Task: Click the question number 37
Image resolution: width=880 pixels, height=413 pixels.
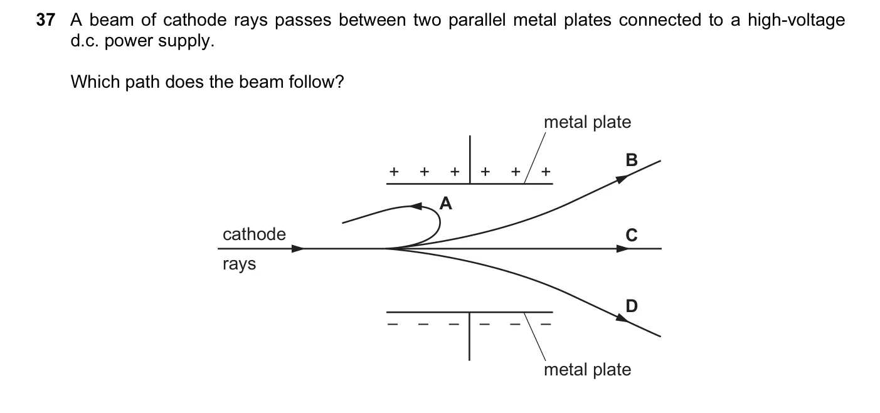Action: (46, 20)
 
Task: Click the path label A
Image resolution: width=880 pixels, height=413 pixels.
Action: (445, 203)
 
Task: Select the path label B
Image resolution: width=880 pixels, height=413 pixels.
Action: (632, 160)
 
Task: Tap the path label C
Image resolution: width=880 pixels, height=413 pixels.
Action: (632, 235)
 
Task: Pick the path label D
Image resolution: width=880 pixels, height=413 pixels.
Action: (632, 306)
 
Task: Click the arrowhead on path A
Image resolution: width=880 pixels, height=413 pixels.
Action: (416, 206)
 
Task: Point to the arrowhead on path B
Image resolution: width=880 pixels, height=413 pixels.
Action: (622, 179)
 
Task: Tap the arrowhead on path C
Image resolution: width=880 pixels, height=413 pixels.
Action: (623, 249)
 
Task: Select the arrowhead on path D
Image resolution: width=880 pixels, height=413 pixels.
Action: (622, 318)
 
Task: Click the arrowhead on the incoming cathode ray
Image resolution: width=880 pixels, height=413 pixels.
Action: (298, 249)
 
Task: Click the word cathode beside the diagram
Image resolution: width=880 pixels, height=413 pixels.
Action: (254, 234)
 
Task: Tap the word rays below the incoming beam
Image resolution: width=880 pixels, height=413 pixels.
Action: (239, 264)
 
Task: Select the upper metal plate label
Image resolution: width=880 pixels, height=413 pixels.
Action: (587, 122)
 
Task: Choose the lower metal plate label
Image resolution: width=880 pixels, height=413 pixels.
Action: (587, 369)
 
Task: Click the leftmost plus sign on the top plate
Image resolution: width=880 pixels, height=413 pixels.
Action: (394, 172)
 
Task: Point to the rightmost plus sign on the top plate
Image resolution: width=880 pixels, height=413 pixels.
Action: (546, 172)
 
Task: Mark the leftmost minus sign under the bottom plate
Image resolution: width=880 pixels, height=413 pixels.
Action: (393, 324)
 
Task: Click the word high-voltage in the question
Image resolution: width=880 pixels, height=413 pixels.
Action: (797, 21)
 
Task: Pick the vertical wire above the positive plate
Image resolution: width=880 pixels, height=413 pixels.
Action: (470, 159)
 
